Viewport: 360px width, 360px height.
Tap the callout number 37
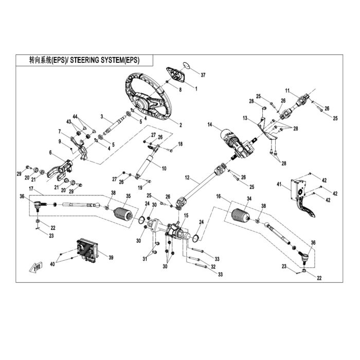(x=203, y=75)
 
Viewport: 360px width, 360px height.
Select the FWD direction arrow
(x=36, y=267)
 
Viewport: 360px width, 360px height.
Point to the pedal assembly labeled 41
(x=302, y=197)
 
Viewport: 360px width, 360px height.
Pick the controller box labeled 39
(x=87, y=250)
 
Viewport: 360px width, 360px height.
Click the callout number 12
(x=187, y=177)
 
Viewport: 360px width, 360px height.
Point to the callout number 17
(x=31, y=189)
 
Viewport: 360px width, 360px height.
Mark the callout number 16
(x=219, y=196)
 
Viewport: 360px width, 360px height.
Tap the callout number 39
(x=111, y=258)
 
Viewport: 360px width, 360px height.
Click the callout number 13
(x=245, y=118)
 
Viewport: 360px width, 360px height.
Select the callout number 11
(x=287, y=91)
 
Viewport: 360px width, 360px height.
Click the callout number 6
(x=50, y=152)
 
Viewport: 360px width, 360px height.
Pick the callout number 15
(x=186, y=215)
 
